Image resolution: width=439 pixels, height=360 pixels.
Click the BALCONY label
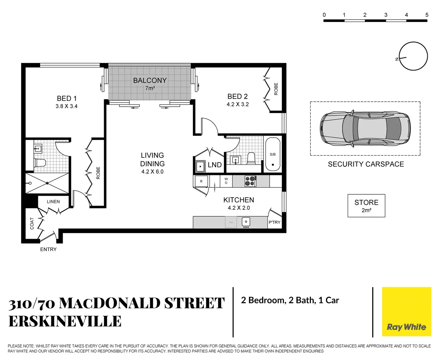click(150, 80)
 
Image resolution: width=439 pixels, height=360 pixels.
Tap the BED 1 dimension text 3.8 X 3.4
click(66, 106)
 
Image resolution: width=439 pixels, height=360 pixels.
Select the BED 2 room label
click(238, 96)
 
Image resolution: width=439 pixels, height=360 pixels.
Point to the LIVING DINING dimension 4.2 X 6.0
click(152, 172)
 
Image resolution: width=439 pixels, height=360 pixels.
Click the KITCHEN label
click(239, 200)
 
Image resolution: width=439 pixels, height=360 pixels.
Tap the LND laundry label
click(214, 165)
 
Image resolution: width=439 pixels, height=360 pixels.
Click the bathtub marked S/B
click(273, 155)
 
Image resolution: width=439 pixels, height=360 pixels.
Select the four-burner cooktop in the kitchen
click(250, 181)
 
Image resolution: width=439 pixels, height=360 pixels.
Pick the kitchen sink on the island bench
click(246, 222)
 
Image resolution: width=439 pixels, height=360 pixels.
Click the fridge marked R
click(201, 182)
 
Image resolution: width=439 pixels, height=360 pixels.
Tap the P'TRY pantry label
click(275, 222)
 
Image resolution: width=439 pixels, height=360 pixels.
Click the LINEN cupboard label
click(53, 202)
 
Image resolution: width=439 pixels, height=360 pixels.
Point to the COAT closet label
click(32, 223)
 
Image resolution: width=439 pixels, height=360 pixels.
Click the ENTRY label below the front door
click(48, 249)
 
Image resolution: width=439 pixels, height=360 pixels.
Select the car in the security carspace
click(365, 129)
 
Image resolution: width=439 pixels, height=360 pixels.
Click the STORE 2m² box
click(366, 206)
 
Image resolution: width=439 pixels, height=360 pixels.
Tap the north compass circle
click(413, 57)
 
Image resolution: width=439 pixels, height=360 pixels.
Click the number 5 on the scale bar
click(427, 15)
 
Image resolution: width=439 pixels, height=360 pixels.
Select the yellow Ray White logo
click(406, 312)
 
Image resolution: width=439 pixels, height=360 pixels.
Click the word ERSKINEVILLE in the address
click(65, 321)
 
